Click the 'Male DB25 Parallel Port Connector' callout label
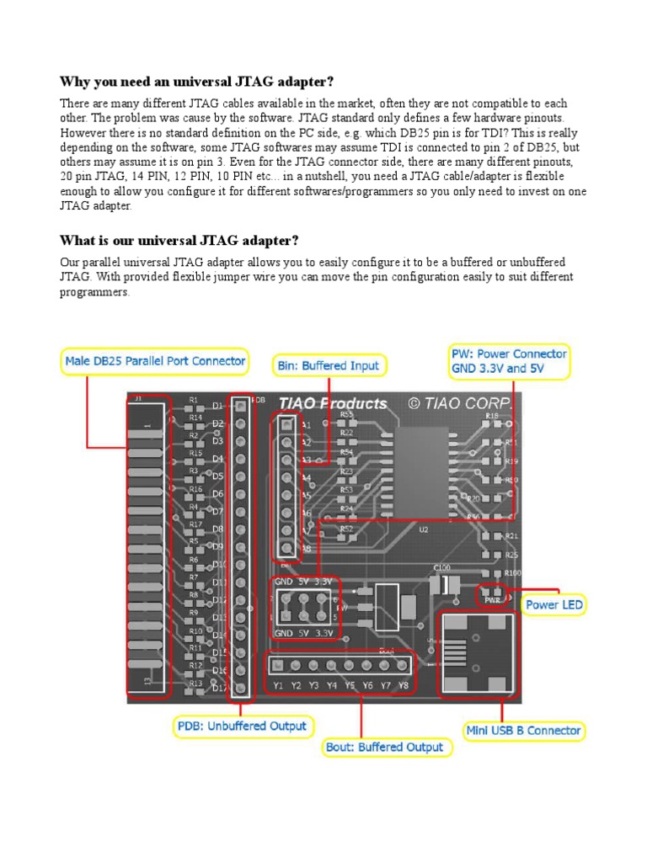(156, 362)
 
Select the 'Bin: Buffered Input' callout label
(329, 365)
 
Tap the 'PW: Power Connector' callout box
(509, 361)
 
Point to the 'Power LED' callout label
(553, 604)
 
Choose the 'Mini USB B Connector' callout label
(523, 731)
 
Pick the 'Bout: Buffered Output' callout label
(383, 747)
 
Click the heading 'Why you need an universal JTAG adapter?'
(196, 82)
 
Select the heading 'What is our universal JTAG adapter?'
(179, 242)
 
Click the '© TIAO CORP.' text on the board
(460, 403)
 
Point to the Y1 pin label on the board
(278, 685)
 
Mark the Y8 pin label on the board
(403, 685)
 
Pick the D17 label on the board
(219, 688)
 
